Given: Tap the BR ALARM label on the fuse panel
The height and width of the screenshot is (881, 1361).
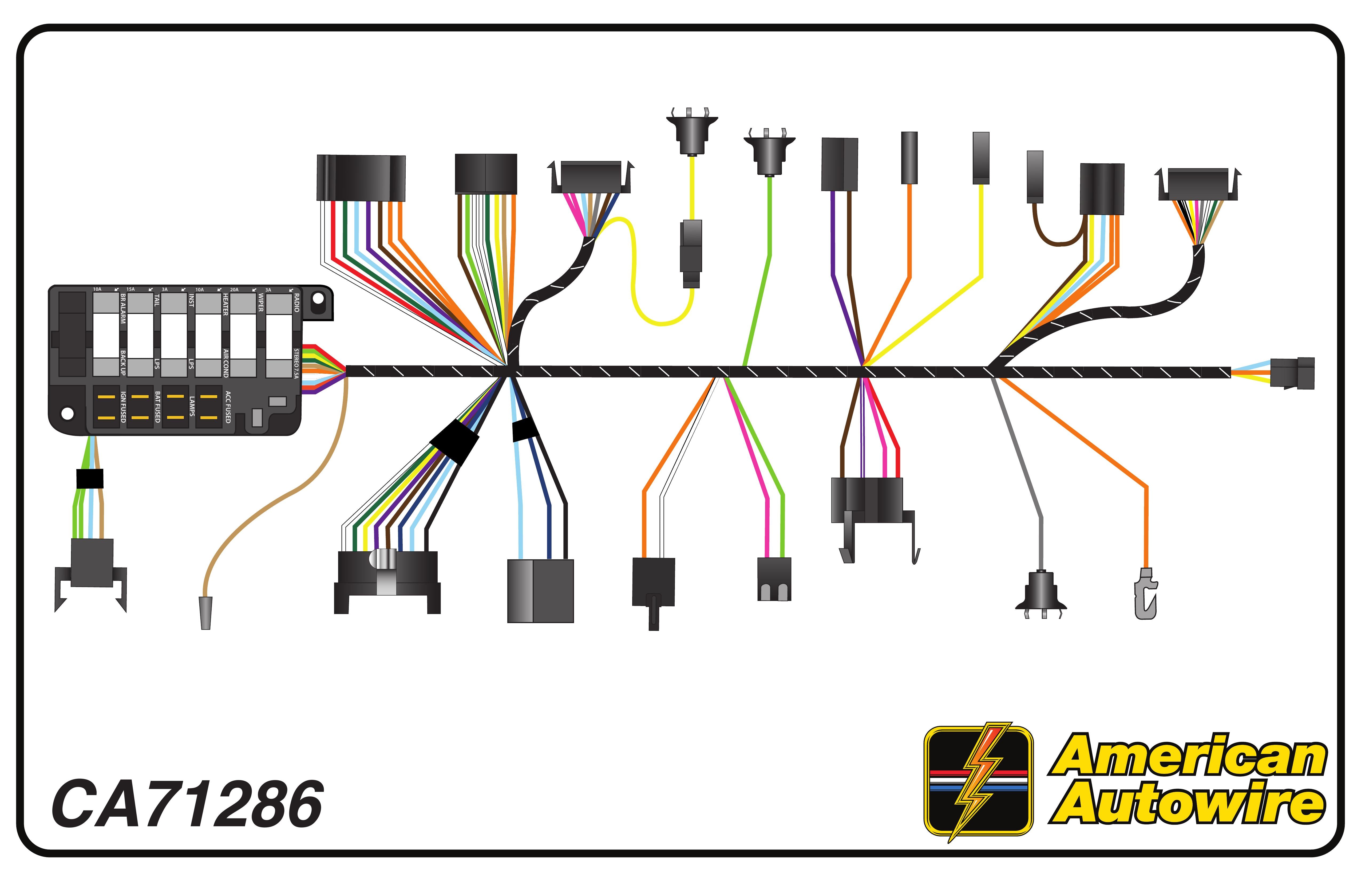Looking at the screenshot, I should pos(122,309).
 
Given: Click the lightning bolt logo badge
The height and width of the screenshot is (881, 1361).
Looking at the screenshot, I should pos(978,781).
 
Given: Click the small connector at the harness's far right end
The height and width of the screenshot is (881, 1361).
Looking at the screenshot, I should pos(1292,373).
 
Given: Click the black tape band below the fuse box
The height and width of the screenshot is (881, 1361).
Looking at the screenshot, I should pos(90,479).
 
